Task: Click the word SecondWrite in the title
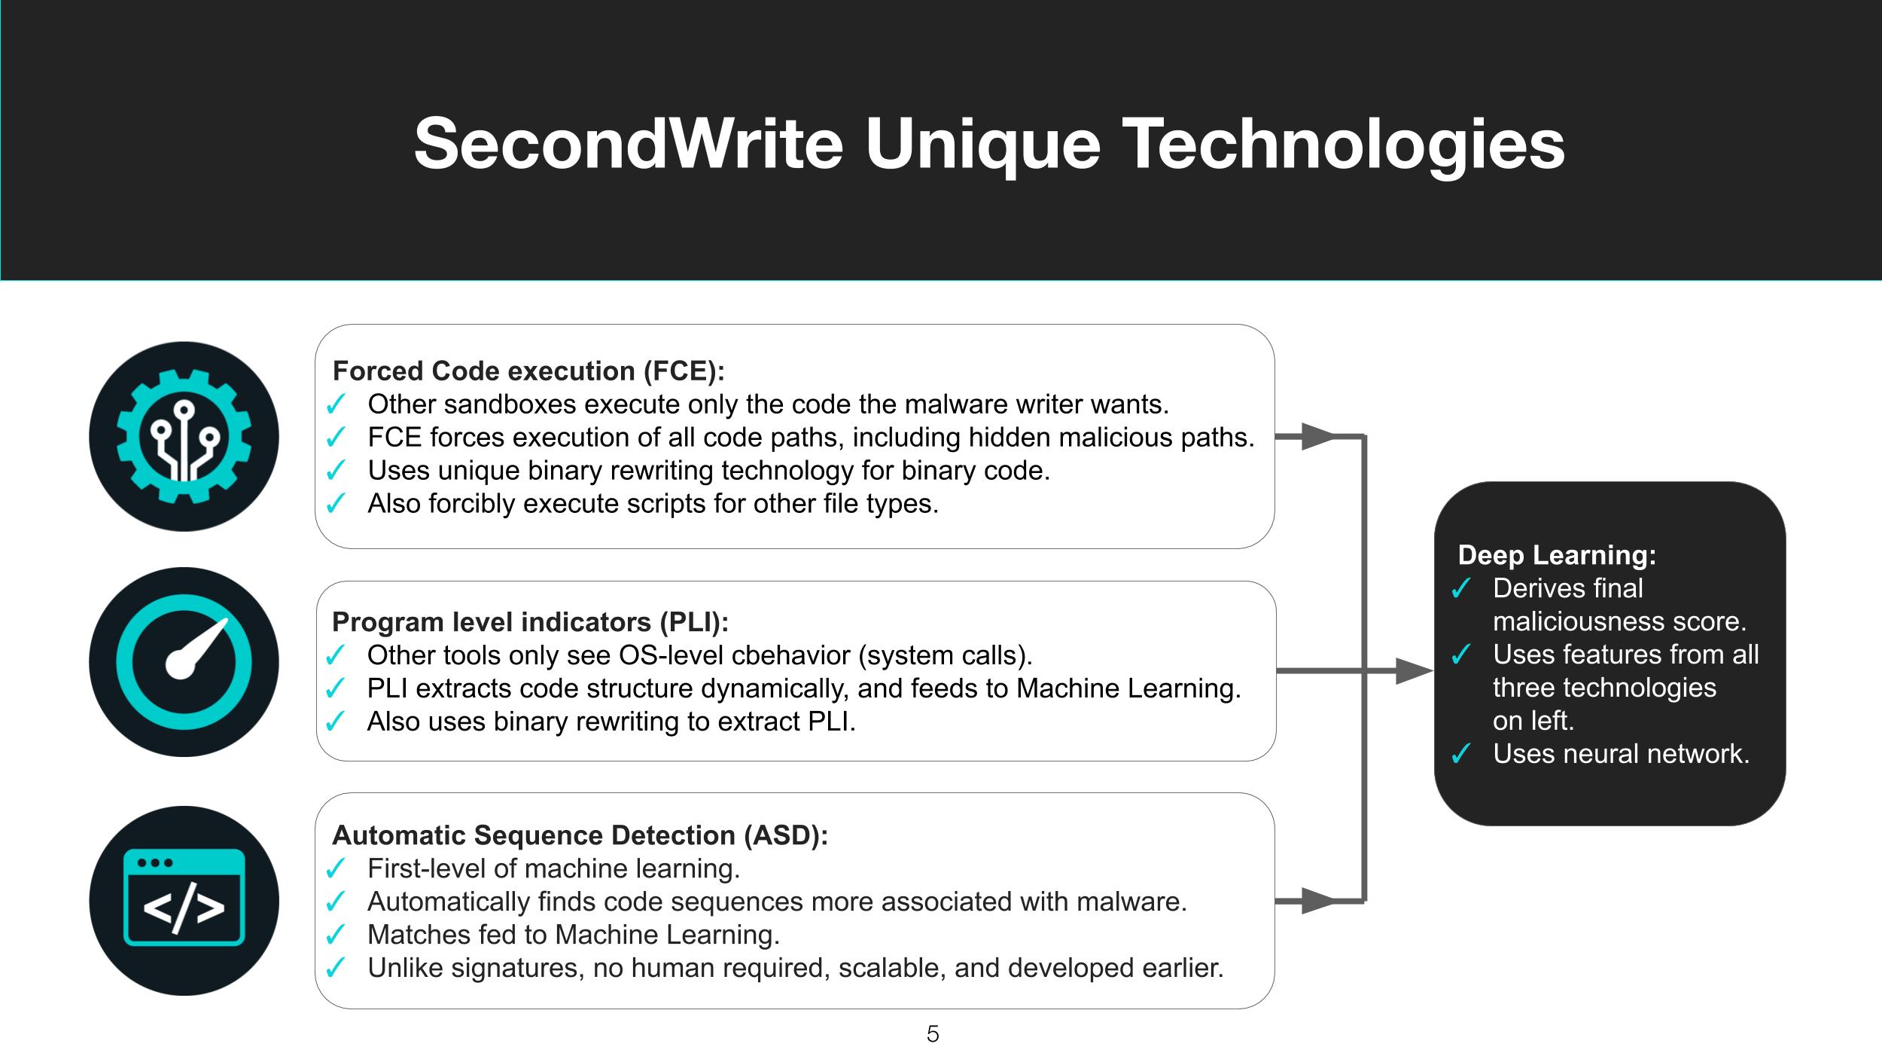point(629,143)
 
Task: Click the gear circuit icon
point(184,437)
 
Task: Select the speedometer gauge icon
point(184,662)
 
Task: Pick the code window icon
point(184,900)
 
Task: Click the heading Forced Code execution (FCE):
point(528,371)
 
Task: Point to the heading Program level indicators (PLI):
point(531,622)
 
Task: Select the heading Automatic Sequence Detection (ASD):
point(580,835)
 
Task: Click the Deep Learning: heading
point(1557,555)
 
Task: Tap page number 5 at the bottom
point(933,1034)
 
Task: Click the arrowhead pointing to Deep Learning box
point(1414,670)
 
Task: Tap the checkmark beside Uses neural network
point(1460,754)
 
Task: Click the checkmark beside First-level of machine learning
point(335,869)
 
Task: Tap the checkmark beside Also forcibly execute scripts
point(335,504)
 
